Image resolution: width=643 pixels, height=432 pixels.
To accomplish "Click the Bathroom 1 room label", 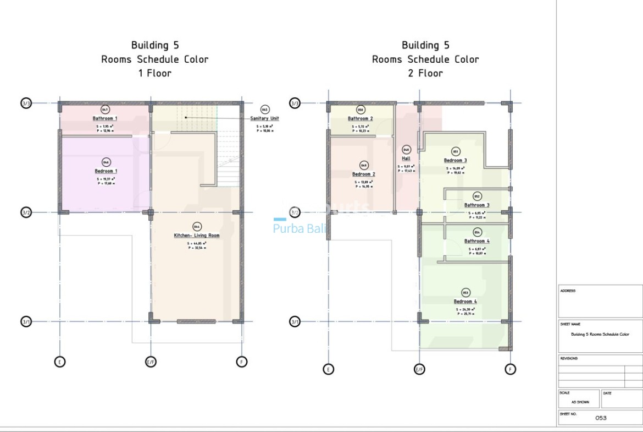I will [x=105, y=118].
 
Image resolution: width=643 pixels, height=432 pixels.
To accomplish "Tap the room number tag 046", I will [x=106, y=162].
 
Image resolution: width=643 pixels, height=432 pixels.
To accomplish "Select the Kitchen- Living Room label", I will [x=196, y=235].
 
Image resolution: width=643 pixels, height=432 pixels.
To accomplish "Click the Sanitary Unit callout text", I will [x=265, y=118].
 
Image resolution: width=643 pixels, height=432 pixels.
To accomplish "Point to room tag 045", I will [x=265, y=110].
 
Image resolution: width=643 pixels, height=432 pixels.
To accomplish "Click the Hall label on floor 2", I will [x=406, y=158].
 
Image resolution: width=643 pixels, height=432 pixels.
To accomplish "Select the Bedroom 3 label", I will [x=455, y=160].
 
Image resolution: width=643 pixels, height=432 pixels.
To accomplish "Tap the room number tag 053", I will [x=465, y=293].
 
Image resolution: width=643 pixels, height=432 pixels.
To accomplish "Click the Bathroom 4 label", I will [x=476, y=241].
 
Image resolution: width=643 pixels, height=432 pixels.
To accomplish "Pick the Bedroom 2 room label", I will [x=363, y=174].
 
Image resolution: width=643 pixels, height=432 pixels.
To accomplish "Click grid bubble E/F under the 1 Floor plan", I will [x=151, y=362].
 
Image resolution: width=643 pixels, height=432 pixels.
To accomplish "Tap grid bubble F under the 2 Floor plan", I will [x=511, y=369].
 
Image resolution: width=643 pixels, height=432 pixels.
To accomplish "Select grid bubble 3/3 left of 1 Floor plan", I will [x=26, y=103].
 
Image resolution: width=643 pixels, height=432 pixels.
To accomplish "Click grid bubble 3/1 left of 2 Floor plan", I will [x=295, y=321].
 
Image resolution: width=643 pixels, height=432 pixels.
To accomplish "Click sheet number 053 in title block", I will [x=601, y=418].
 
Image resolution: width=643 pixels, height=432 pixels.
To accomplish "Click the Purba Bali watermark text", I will [x=300, y=229].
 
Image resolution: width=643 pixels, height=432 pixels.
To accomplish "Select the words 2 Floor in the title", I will [x=425, y=73].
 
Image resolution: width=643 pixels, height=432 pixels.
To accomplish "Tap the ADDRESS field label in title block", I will [x=568, y=291].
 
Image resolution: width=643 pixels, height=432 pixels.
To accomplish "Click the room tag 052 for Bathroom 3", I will [x=476, y=196].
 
